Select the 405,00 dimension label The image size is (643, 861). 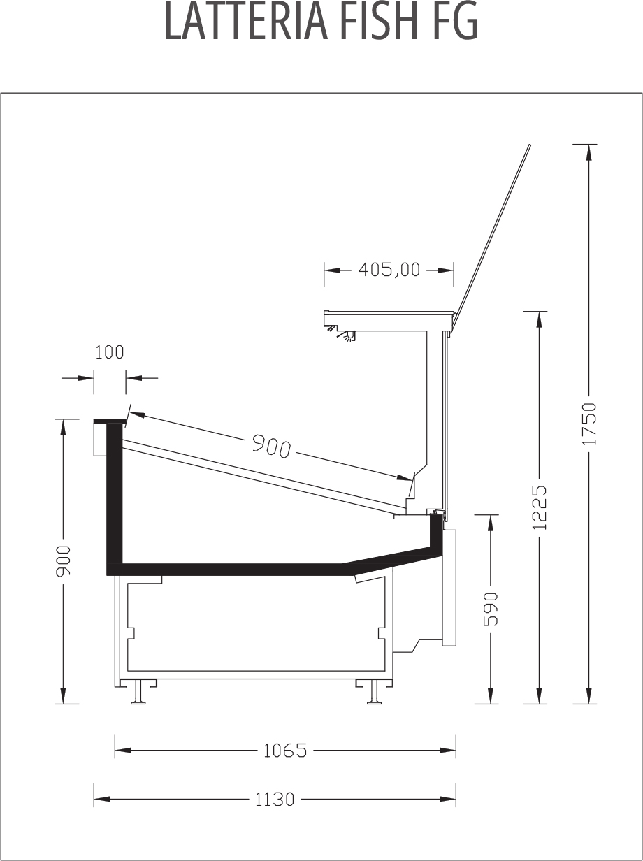[389, 270]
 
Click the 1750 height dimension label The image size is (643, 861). [590, 424]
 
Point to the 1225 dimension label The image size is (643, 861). [540, 507]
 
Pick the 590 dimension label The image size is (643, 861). [491, 609]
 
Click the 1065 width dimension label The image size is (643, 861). [285, 751]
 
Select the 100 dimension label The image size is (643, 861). [110, 352]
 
